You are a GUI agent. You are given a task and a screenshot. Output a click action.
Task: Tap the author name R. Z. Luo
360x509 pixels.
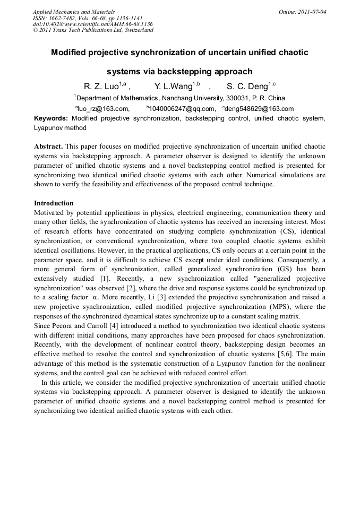point(101,87)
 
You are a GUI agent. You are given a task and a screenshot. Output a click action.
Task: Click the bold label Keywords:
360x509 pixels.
point(51,118)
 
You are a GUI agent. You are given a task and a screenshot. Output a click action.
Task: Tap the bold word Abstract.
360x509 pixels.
point(48,146)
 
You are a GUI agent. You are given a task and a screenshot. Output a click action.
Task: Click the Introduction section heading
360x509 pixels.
point(54,203)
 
